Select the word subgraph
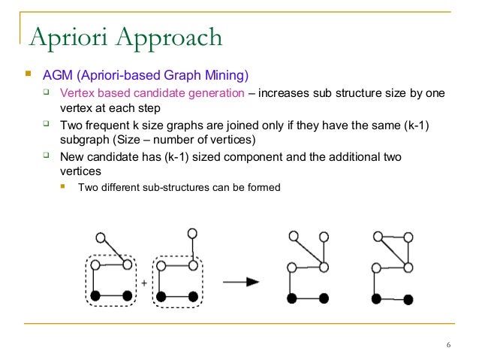tap(83, 140)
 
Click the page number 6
tap(448, 345)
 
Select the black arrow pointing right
tap(241, 281)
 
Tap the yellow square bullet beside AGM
tap(28, 75)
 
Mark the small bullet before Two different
tap(64, 186)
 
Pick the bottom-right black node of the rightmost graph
tap(408, 299)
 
